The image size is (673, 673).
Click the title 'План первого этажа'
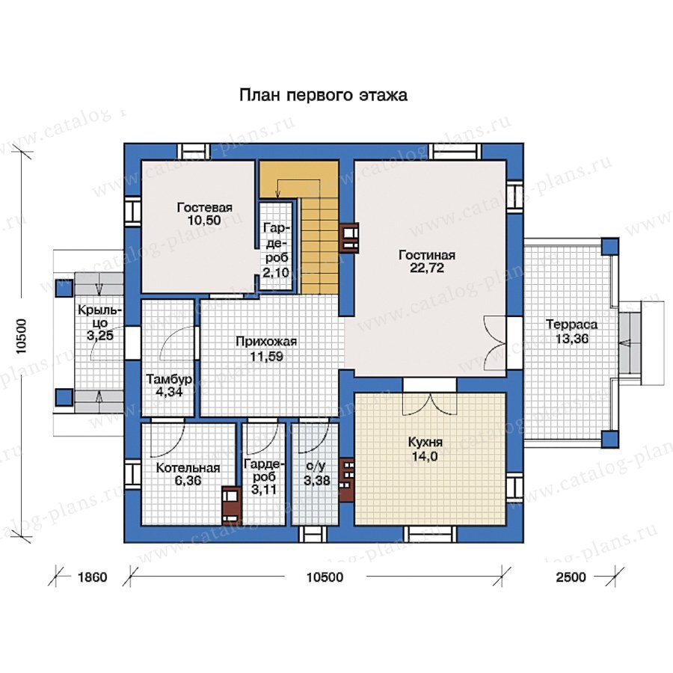(323, 95)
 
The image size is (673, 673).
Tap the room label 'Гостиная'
(427, 255)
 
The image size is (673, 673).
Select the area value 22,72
(427, 268)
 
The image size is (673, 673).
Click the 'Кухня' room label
(425, 442)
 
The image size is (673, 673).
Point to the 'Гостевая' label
(205, 207)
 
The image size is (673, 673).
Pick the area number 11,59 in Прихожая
(266, 356)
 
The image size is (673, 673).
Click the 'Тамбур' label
(168, 379)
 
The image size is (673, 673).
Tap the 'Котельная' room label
(188, 467)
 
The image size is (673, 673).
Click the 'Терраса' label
(572, 325)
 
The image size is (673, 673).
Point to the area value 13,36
(572, 339)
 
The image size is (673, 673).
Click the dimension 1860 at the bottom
(92, 577)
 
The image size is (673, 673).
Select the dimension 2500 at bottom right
(571, 577)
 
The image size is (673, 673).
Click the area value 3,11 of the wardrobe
(264, 489)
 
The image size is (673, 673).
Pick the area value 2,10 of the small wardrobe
(276, 272)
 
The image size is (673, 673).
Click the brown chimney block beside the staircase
(349, 238)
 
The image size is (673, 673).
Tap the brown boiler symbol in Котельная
(231, 505)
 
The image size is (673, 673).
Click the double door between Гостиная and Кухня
(429, 403)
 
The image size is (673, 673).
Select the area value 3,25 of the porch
(100, 335)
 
